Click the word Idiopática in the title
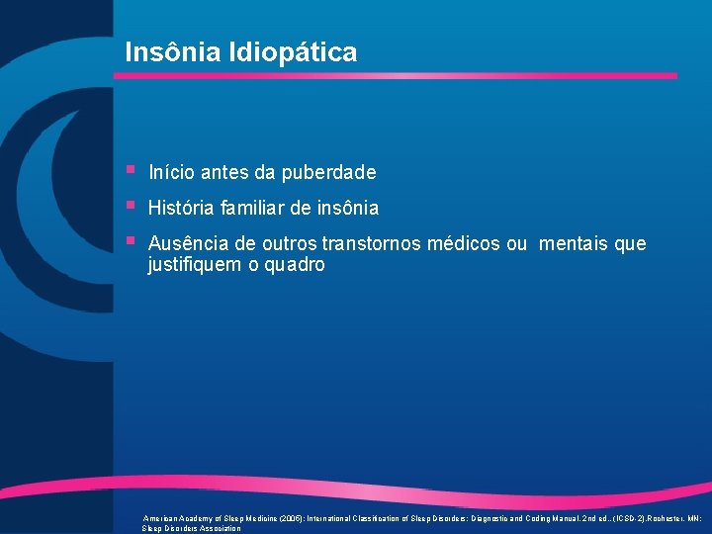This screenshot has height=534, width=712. pyautogui.click(x=300, y=52)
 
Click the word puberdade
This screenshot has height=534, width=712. pyautogui.click(x=328, y=173)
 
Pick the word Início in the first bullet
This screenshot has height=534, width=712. pyautogui.click(x=171, y=173)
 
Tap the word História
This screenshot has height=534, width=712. pyautogui.click(x=179, y=209)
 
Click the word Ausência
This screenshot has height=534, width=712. pyautogui.click(x=184, y=244)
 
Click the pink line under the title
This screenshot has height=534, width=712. pyautogui.click(x=396, y=76)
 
